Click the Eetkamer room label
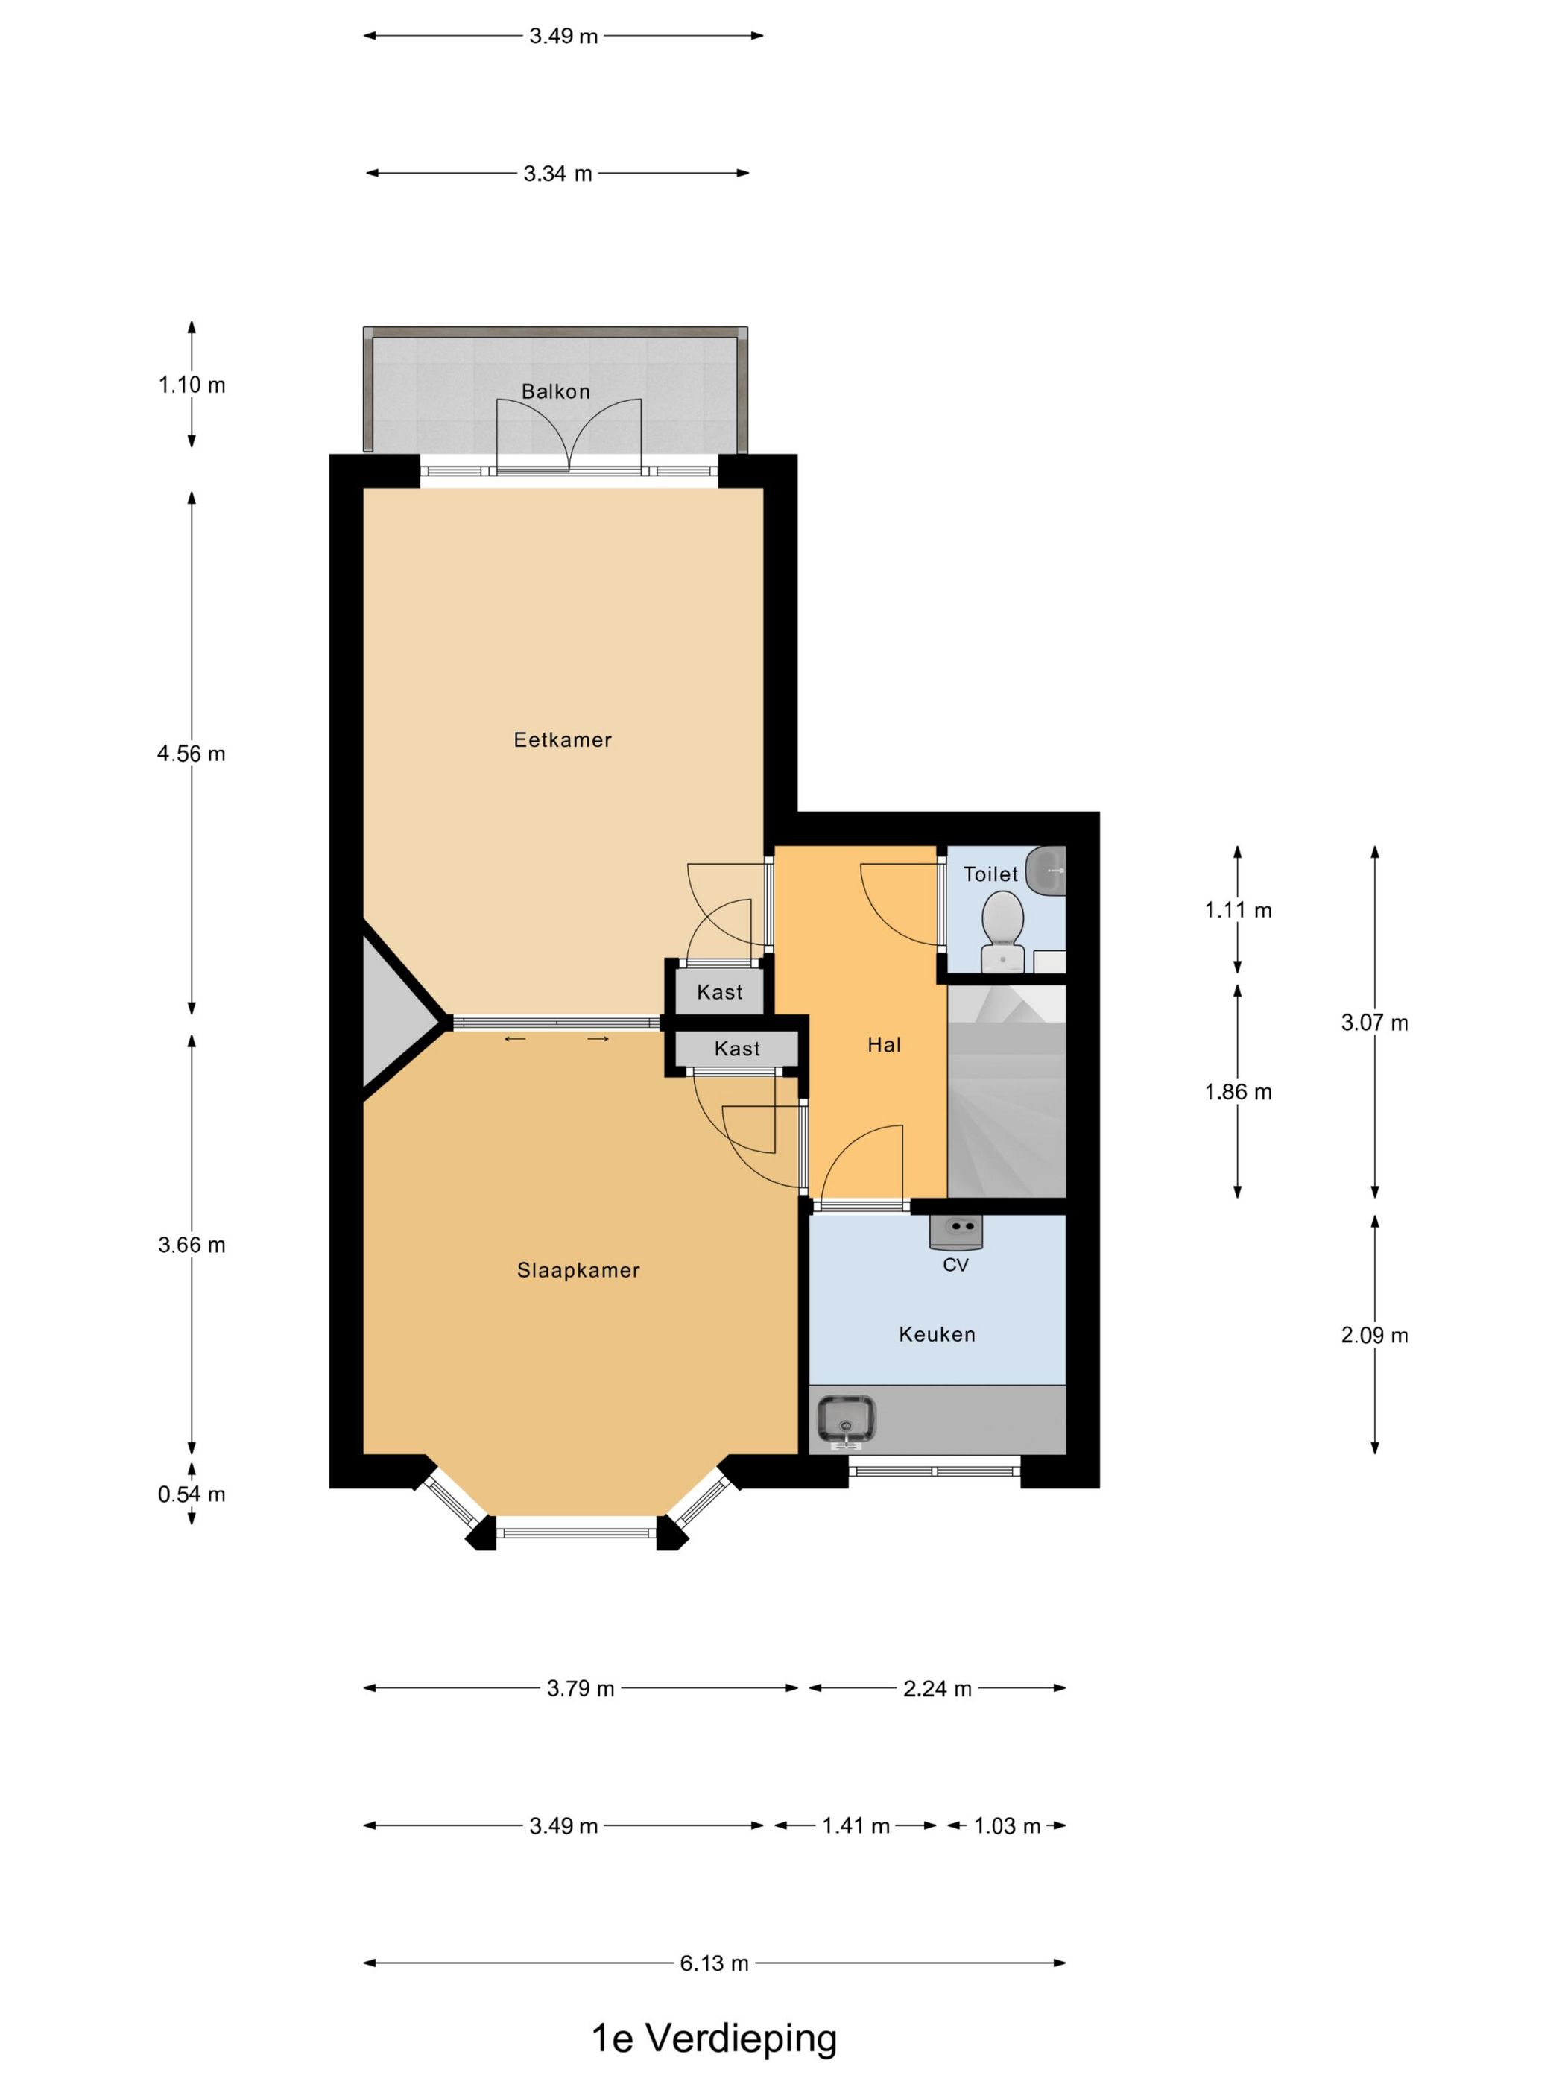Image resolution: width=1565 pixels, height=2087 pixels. point(562,739)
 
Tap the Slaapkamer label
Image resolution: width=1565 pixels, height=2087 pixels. point(578,1270)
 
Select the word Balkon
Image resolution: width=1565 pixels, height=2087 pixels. point(556,391)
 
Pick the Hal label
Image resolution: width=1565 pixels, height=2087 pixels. point(884,1044)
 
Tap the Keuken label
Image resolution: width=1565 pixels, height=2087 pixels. point(937,1334)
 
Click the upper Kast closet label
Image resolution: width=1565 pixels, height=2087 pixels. point(720,991)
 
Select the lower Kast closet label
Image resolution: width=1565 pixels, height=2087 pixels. point(737,1048)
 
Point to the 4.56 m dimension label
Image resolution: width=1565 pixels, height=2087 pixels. point(192,753)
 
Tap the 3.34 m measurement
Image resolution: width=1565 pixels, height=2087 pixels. point(557,174)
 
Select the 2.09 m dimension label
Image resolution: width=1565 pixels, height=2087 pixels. point(1374,1335)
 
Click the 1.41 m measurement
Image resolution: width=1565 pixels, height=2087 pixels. point(856,1825)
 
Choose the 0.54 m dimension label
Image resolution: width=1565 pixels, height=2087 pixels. point(192,1494)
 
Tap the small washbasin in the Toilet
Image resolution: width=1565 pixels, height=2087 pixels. point(1046,870)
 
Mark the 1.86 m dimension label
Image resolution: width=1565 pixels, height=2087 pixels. point(1238,1092)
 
